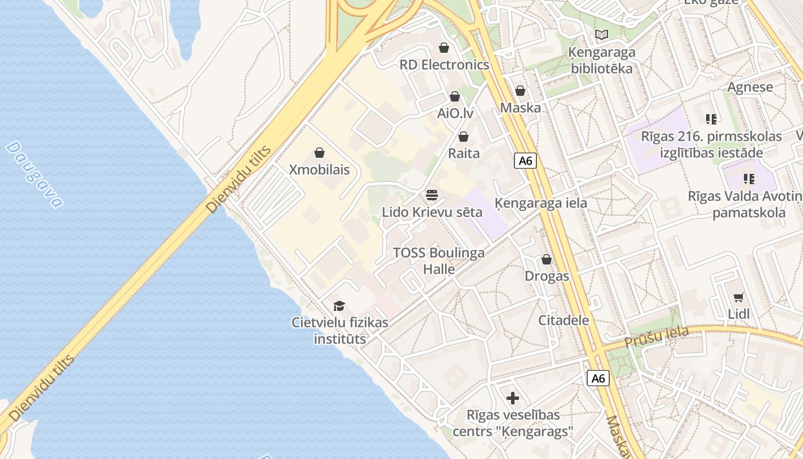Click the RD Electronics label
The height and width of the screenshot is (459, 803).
[x=445, y=65]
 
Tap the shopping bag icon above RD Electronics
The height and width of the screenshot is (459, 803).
[x=443, y=47]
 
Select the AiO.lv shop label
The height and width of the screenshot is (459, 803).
[x=455, y=113]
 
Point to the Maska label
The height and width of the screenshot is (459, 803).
[x=520, y=108]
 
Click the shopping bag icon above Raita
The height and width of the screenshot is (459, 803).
[x=463, y=137]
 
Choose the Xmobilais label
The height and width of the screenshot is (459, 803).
[x=319, y=170]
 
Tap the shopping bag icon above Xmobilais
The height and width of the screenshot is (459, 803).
[x=319, y=153]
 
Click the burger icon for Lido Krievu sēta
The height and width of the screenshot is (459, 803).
[x=432, y=195]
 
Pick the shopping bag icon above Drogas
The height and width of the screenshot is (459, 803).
[x=547, y=259]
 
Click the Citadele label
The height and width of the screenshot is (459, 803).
[x=563, y=320]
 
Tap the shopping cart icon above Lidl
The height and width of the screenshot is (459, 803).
[x=739, y=297]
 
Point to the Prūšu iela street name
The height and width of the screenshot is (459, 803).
[x=656, y=337]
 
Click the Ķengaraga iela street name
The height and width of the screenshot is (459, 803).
[x=541, y=203]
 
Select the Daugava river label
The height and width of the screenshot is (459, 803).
[x=34, y=174]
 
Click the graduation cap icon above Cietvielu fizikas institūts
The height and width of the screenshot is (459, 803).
[x=340, y=306]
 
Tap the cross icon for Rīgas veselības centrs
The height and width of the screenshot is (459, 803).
[x=513, y=398]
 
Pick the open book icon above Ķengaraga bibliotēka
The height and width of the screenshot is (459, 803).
[x=602, y=35]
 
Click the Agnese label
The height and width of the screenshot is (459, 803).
[x=750, y=87]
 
